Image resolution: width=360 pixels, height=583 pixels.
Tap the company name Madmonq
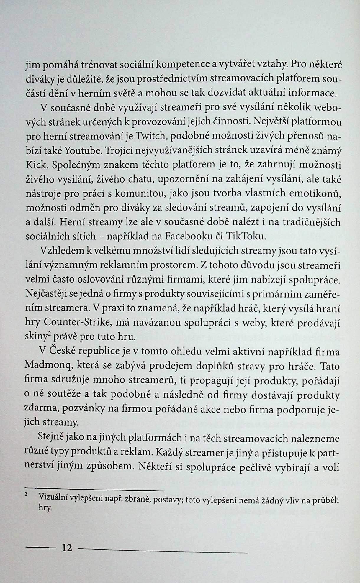49,366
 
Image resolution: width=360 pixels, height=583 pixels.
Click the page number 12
67,548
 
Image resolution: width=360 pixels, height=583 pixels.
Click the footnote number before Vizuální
26,494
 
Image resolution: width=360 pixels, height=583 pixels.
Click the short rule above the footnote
94,490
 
